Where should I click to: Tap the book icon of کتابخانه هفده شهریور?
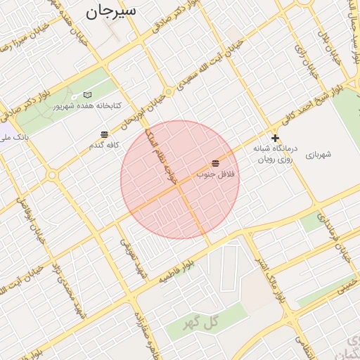point(88,95)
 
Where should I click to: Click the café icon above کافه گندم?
point(104,134)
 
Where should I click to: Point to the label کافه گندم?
point(105,144)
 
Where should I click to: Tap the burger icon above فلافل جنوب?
point(214,162)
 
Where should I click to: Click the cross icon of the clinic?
point(275,138)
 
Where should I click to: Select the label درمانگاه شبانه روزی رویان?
point(276,155)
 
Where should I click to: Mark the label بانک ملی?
point(15,138)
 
